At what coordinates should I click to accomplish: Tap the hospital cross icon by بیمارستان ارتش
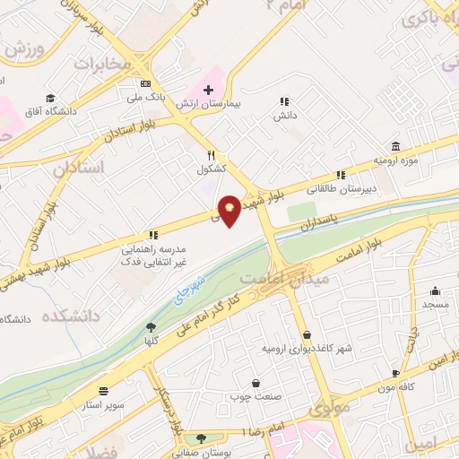point(208,90)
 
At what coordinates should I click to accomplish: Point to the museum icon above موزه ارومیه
point(395,146)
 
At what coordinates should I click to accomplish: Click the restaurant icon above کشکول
point(212,154)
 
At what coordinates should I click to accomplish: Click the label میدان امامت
point(299,280)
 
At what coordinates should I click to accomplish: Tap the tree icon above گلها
point(150,328)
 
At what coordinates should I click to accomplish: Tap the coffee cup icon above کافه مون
point(395,372)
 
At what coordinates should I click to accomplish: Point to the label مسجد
point(435,305)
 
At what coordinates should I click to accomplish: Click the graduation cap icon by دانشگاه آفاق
point(51,98)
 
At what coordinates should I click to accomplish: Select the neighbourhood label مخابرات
point(96,65)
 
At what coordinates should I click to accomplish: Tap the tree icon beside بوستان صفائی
point(201,439)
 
